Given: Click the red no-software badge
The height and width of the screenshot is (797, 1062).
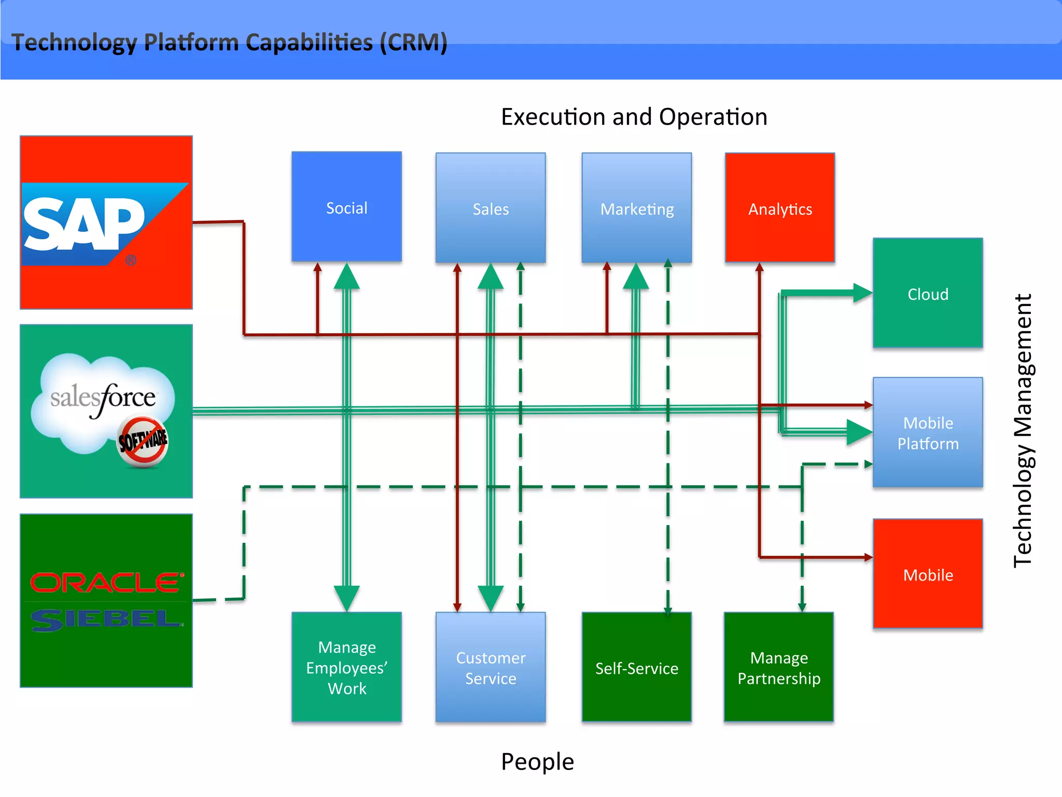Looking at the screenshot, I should pos(143,442).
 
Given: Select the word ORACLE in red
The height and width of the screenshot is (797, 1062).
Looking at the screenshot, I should pos(106,582).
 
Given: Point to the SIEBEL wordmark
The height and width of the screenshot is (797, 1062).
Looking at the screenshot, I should pos(106,620).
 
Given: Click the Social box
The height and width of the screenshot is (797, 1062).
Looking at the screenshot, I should pos(346,207).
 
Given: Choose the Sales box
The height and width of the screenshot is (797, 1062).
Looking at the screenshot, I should pos(491,208).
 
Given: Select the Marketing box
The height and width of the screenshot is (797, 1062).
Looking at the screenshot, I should pos(636,208).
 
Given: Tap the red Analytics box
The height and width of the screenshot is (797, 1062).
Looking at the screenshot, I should pos(779,208).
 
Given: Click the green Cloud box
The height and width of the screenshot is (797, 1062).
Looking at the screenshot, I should pos(928,293).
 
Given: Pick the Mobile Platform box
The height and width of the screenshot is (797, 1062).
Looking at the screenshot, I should pos(928,432).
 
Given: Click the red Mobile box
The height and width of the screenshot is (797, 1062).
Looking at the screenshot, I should pos(928,574).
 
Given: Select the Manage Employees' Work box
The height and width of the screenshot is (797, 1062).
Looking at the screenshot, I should pos(346,667).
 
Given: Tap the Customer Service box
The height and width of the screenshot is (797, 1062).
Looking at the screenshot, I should pos(491,667).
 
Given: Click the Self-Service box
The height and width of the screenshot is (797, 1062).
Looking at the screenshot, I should pos(636,667).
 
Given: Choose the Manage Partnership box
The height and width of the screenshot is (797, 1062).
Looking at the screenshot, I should pos(778,667).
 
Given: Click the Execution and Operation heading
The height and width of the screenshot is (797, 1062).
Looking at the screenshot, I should pos(634,117).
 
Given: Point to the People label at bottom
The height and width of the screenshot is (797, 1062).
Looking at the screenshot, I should pos(537,762).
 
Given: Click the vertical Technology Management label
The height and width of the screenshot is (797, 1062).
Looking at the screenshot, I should pos(1023,431).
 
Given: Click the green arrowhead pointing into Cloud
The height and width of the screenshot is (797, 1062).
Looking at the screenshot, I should pos(862,293).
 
